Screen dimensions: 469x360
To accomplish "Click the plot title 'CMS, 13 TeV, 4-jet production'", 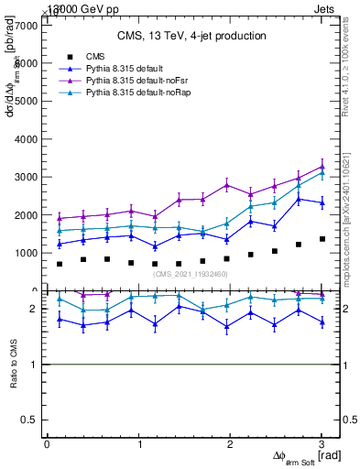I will (191, 36).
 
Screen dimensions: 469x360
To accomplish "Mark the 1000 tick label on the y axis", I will (27, 253).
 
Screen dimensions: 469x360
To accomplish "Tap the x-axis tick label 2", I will (231, 443).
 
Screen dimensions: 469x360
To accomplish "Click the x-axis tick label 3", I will (322, 443).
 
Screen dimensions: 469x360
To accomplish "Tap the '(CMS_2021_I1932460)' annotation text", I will (191, 274).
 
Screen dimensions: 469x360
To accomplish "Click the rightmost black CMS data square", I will (322, 239).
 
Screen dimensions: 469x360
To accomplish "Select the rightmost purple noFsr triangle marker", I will (322, 167).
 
